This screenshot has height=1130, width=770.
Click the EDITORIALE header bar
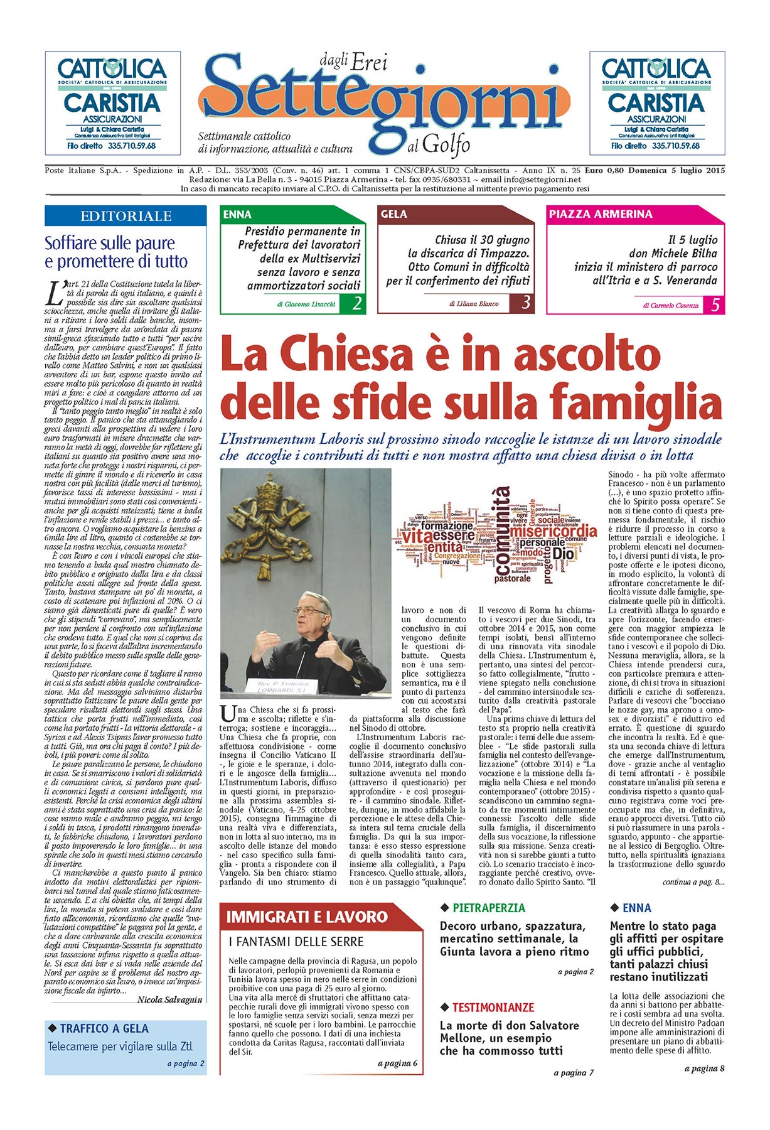[x=126, y=216]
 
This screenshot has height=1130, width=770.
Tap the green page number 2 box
[x=356, y=304]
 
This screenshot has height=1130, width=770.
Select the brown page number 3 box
[x=525, y=303]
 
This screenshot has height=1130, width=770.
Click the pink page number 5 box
[x=715, y=305]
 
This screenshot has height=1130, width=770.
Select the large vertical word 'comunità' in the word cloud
[x=503, y=531]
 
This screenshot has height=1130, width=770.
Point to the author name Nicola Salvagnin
[x=169, y=999]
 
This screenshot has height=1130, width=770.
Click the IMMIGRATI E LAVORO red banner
[x=307, y=917]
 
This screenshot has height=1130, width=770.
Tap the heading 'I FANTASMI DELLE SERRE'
[x=296, y=942]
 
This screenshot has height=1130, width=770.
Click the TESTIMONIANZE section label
[x=493, y=1008]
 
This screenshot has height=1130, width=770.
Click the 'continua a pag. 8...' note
[x=693, y=882]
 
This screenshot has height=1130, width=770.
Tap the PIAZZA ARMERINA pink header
[x=601, y=214]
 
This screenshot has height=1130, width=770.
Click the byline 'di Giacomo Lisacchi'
[x=306, y=304]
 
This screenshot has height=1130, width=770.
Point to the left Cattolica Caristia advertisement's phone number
[x=132, y=146]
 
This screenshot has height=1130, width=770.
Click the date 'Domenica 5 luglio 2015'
[x=676, y=170]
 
